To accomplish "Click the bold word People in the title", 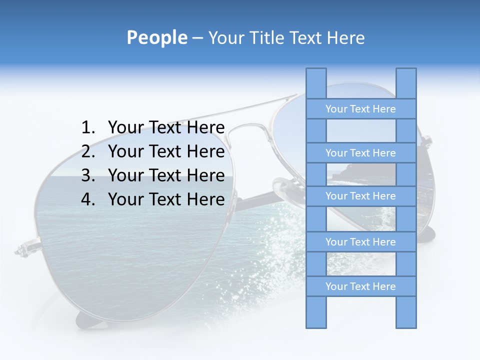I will click(x=156, y=38).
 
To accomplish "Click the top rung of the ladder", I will click(x=360, y=109).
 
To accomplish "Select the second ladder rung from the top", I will click(x=360, y=153).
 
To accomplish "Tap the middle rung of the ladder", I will click(x=360, y=196).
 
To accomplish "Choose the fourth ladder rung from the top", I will click(x=360, y=242).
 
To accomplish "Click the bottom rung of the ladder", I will click(x=360, y=286).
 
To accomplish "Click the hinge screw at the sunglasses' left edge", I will click(x=22, y=248).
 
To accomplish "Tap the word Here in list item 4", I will click(x=205, y=199).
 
